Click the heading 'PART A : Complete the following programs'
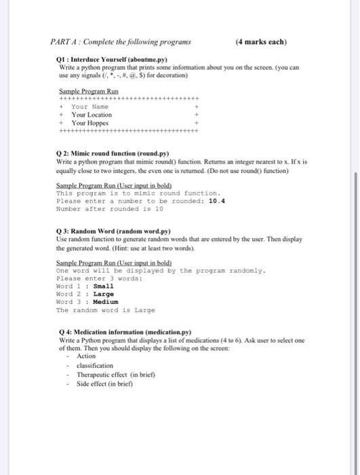pos(121,41)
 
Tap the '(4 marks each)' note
pos(261,41)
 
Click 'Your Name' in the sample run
pos(89,107)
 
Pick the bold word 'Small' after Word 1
pos(103,286)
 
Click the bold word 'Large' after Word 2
pos(103,294)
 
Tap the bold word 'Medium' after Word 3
pos(105,301)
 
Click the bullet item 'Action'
pos(86,356)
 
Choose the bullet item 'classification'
pos(95,365)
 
